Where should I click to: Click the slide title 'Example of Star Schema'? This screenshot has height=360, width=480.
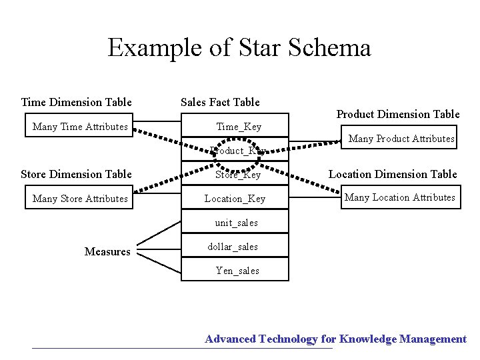239,47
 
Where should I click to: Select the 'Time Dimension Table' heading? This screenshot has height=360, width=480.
77,102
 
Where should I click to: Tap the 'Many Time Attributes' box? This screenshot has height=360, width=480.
80,127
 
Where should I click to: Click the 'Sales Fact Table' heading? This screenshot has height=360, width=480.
220,102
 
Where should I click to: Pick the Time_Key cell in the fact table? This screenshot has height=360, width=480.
238,127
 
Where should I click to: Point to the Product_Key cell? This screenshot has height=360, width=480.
237,151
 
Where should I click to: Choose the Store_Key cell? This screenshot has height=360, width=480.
238,175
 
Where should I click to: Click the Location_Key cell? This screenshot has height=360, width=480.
235,199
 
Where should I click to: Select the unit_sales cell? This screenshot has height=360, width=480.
236,223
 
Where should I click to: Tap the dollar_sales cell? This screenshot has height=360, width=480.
233,247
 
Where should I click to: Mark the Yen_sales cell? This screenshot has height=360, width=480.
237,271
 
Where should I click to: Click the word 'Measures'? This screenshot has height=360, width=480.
107,251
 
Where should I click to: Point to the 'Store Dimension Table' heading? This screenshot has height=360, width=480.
77,174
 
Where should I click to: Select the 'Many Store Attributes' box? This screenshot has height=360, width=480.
80,199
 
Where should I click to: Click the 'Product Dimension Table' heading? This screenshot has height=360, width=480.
398,114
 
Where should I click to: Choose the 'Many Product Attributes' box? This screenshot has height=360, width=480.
401,139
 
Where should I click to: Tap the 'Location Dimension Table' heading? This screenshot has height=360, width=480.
393,174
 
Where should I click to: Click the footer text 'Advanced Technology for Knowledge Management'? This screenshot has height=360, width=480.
335,339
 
